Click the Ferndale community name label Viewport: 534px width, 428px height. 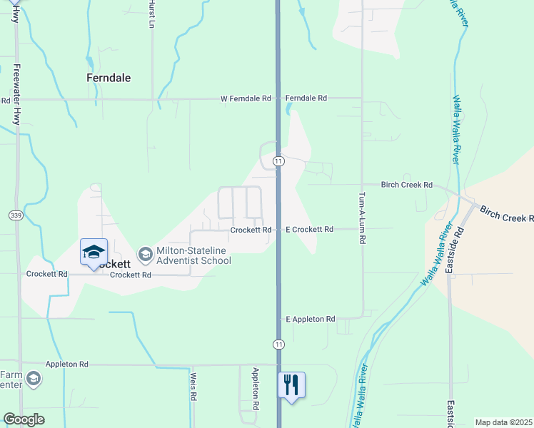[x=109, y=78]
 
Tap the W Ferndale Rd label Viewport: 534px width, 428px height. [x=246, y=98]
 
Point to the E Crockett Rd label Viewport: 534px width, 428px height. [x=310, y=230]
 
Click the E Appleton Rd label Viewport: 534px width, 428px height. [x=310, y=319]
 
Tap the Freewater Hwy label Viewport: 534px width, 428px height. [x=16, y=92]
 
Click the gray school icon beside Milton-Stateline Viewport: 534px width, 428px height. [x=146, y=255]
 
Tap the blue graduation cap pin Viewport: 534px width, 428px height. [x=94, y=253]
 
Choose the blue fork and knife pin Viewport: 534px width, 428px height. [x=291, y=385]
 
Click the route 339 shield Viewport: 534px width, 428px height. [x=15, y=215]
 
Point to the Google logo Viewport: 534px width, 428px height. [x=24, y=419]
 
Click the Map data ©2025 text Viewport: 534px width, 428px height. [x=503, y=422]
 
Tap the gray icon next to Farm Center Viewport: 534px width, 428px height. [x=33, y=379]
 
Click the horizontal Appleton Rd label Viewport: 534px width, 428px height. [x=66, y=364]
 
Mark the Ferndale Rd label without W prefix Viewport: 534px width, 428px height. [x=306, y=98]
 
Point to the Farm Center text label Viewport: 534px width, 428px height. [x=11, y=380]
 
